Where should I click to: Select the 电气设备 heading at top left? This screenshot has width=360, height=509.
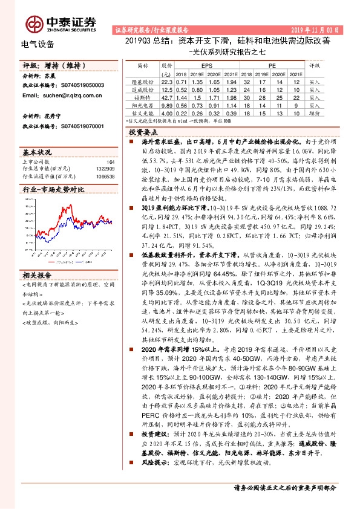click(x=38, y=44)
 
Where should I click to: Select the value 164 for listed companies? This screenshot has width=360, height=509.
click(x=110, y=162)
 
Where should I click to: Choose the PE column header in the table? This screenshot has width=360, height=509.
click(x=272, y=64)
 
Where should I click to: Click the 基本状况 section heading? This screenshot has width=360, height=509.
click(x=37, y=151)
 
